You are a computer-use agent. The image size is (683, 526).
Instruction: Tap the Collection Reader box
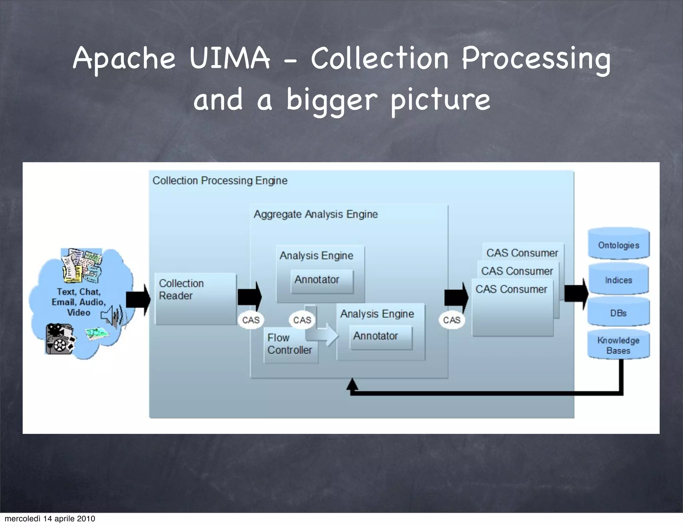[195, 299]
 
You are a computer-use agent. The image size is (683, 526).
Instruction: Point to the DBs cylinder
[619, 313]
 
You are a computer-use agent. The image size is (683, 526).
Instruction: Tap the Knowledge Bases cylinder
[619, 345]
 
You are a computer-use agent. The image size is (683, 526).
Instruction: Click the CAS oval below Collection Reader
[251, 320]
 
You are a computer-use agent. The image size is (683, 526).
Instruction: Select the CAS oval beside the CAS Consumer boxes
[452, 320]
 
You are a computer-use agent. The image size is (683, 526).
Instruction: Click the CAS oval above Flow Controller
[302, 320]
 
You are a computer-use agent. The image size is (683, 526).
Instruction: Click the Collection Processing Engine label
[220, 181]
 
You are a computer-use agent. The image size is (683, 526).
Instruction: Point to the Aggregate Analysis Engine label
[315, 214]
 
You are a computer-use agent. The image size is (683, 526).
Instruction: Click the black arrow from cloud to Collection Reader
[138, 299]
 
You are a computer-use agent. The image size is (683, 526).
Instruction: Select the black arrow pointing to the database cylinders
[576, 294]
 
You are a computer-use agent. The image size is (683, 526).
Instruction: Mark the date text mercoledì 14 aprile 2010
[50, 519]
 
